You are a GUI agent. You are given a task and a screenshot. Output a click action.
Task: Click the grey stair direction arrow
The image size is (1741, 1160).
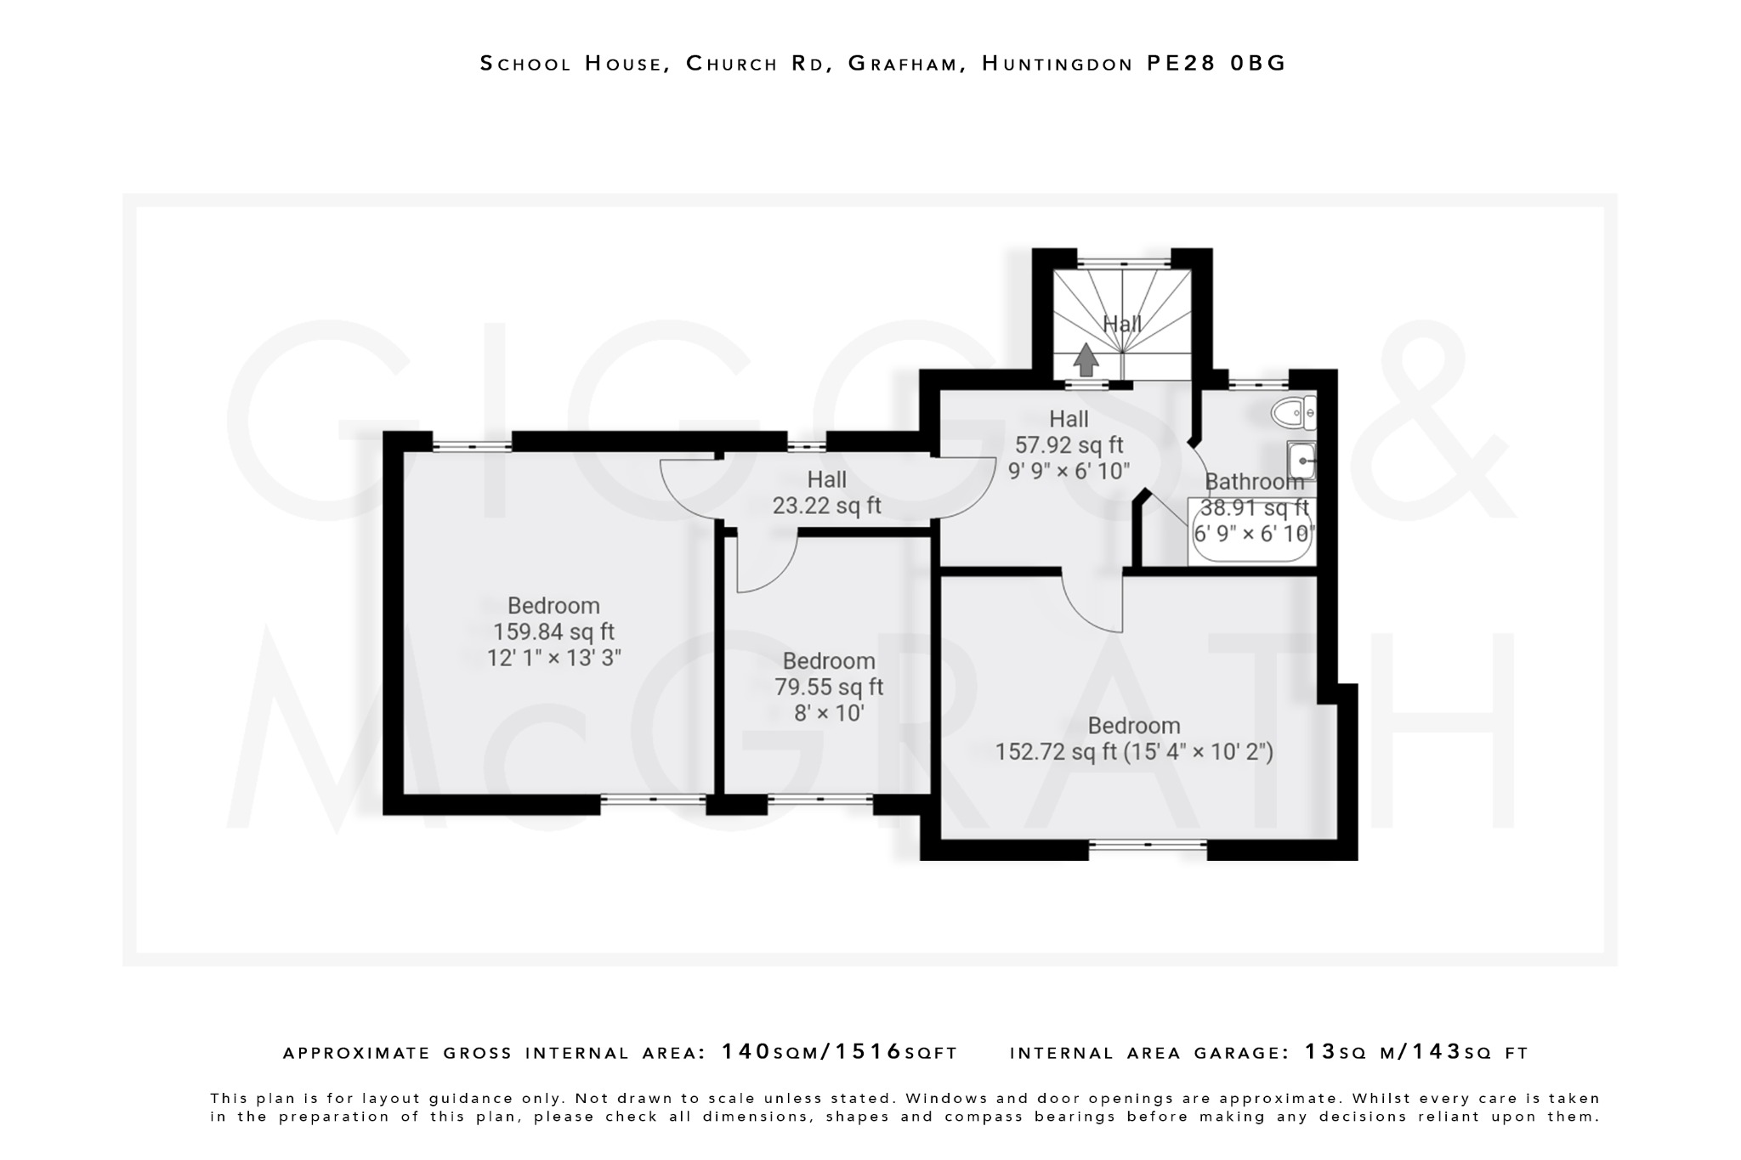(1085, 359)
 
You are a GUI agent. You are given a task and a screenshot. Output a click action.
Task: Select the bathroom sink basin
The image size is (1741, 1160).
(1301, 461)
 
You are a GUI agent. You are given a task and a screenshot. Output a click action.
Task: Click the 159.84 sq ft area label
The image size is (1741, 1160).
(553, 632)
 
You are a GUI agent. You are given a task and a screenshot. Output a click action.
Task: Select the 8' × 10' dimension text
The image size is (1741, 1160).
(829, 713)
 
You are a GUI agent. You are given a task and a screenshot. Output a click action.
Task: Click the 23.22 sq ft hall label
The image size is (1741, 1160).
(826, 506)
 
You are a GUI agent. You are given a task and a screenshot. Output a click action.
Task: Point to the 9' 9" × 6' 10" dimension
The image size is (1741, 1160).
(1069, 471)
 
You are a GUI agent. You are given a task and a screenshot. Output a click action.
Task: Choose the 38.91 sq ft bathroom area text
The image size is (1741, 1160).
(1254, 508)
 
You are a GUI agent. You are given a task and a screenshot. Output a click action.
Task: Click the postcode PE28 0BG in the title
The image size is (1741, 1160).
(1216, 64)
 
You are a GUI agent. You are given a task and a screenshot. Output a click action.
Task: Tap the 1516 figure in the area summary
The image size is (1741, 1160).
(869, 1052)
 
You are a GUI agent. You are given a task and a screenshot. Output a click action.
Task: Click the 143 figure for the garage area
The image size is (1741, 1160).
(1437, 1052)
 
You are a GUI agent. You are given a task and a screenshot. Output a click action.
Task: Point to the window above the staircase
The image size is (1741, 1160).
(1124, 263)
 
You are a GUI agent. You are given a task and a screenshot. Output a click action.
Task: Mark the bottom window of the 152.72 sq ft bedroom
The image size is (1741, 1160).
(1148, 845)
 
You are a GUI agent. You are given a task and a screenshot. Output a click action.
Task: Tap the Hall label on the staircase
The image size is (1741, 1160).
(1122, 324)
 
